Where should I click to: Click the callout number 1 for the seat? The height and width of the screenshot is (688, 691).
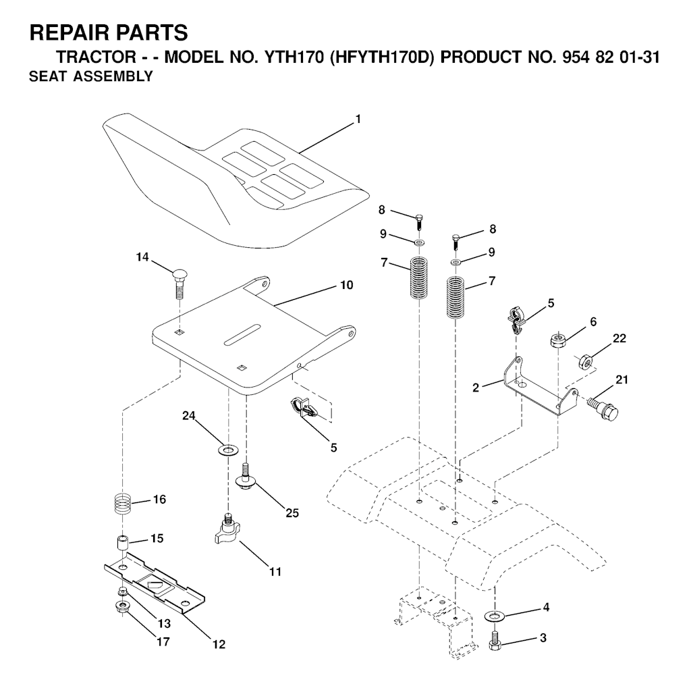pyautogui.click(x=358, y=119)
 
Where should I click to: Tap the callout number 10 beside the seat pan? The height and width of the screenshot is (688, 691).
pyautogui.click(x=347, y=286)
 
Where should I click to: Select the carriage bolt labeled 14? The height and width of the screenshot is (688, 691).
pyautogui.click(x=179, y=282)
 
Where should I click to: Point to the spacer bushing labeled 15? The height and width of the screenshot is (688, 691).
pyautogui.click(x=121, y=542)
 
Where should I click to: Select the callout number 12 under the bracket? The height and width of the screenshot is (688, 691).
pyautogui.click(x=219, y=644)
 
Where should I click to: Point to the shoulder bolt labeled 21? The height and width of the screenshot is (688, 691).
pyautogui.click(x=604, y=407)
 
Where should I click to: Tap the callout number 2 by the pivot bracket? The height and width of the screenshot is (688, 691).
pyautogui.click(x=476, y=388)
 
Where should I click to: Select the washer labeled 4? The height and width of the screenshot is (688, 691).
pyautogui.click(x=495, y=615)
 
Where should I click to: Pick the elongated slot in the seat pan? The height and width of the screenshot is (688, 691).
pyautogui.click(x=242, y=335)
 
